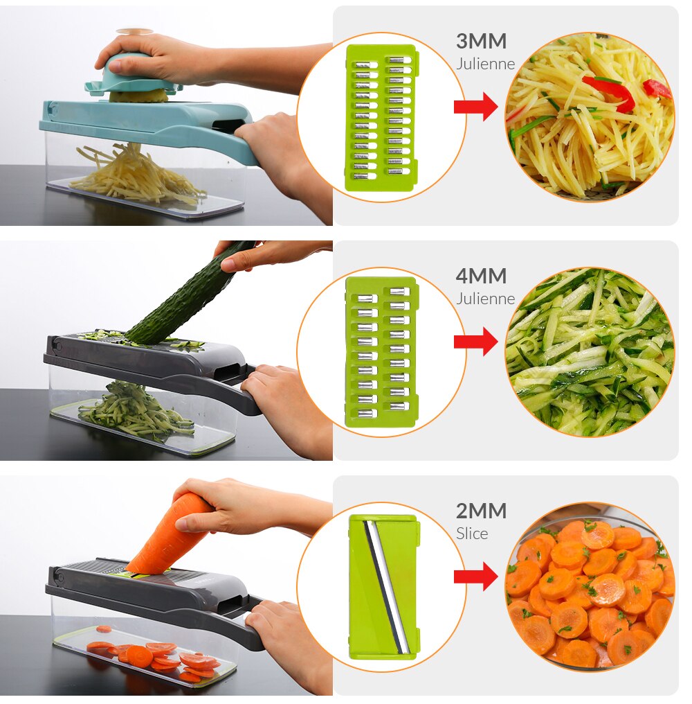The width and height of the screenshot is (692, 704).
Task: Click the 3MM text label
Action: (x=481, y=42)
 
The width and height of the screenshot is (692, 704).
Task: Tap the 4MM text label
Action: (x=481, y=276)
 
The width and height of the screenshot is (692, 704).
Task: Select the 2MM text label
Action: (x=481, y=511)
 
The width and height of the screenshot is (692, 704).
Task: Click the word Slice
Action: (x=472, y=534)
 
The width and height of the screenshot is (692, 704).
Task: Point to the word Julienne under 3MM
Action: (x=485, y=64)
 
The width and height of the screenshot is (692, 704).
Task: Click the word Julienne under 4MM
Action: (x=485, y=299)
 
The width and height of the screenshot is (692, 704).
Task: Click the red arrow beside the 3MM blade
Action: (x=475, y=107)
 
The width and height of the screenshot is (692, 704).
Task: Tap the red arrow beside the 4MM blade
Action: (x=475, y=342)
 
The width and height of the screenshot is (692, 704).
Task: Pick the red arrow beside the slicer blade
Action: (x=475, y=577)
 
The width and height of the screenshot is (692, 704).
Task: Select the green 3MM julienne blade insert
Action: (x=381, y=117)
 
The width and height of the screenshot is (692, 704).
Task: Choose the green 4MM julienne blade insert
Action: (x=381, y=352)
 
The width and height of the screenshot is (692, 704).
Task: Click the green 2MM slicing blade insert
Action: (x=383, y=586)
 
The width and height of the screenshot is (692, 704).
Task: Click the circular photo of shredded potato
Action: (x=590, y=117)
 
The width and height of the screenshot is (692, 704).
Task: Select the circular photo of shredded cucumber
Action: (x=590, y=352)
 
